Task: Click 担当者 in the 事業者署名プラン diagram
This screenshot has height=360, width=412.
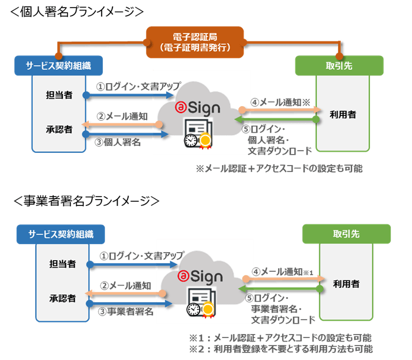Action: pyautogui.click(x=63, y=264)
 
